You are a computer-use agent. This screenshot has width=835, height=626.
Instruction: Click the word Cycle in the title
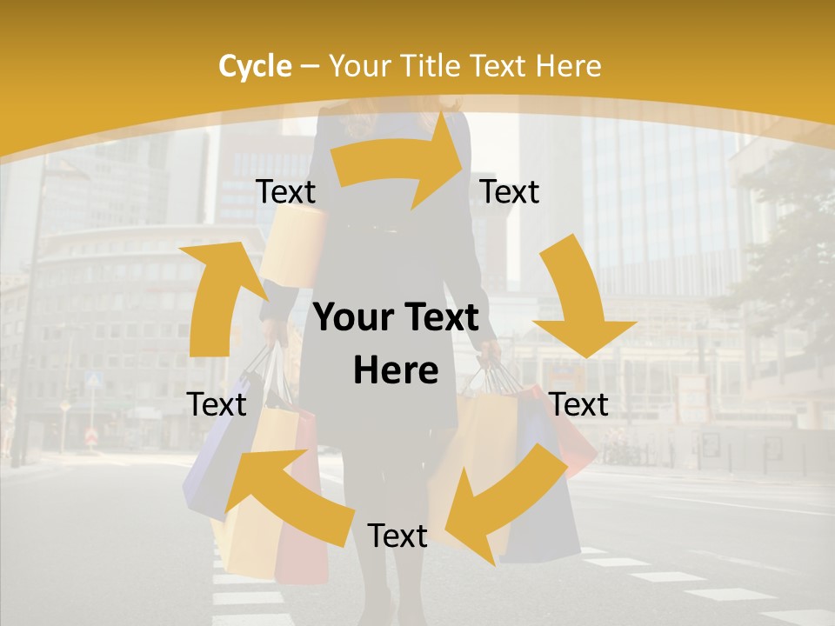[x=255, y=66]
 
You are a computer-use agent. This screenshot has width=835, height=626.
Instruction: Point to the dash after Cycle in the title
[x=310, y=66]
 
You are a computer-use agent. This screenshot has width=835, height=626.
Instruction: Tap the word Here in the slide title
[x=568, y=66]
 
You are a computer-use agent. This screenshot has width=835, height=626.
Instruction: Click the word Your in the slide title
[x=355, y=66]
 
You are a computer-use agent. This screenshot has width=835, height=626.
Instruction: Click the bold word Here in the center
[x=396, y=371]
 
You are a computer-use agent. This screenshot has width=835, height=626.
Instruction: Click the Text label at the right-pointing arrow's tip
[x=510, y=191]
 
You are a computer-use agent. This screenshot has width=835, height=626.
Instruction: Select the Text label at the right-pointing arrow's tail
[x=285, y=191]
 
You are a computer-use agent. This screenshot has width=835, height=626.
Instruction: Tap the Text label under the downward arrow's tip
[x=579, y=404]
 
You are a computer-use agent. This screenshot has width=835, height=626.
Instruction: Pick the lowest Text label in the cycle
[x=397, y=536]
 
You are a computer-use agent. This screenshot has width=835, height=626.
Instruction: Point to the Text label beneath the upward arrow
[x=217, y=404]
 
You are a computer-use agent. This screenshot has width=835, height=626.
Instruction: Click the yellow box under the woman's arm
[x=291, y=248]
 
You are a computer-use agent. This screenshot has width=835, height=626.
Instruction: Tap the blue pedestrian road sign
[x=95, y=379]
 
